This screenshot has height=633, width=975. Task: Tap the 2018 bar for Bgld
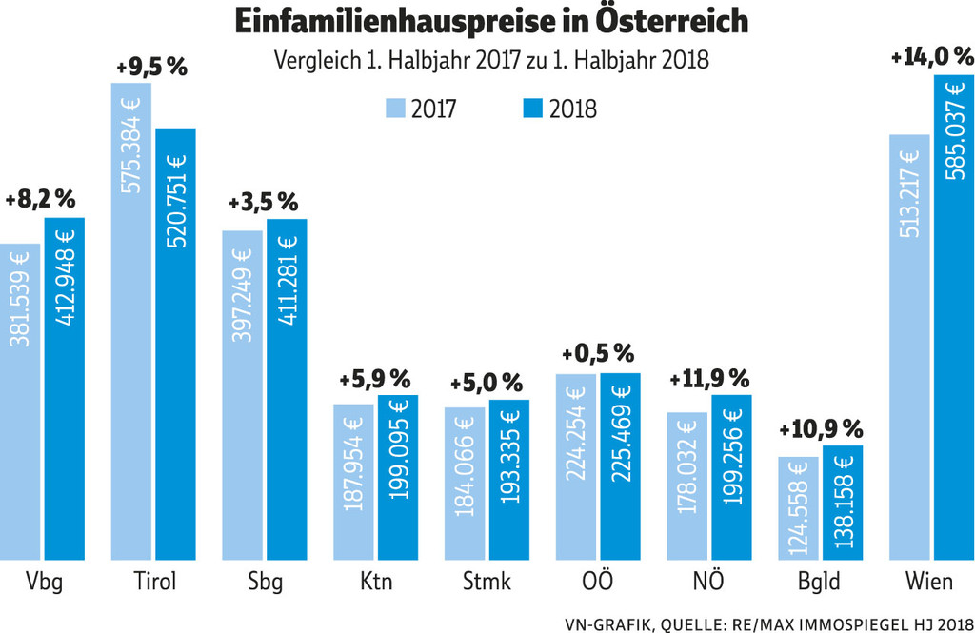coord(843,502)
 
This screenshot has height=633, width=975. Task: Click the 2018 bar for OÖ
coord(620,465)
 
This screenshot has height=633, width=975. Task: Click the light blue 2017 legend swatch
coord(396,108)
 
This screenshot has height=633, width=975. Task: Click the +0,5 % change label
coord(598,353)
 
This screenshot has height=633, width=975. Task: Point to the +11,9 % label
coord(709,378)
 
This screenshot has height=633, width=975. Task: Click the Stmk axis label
coord(487,582)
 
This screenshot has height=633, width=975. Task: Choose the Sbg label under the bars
coord(264,582)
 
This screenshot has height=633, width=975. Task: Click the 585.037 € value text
coord(954,129)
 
